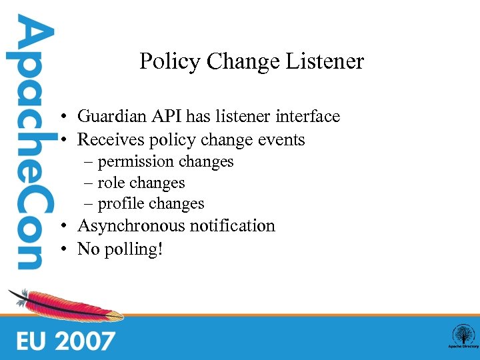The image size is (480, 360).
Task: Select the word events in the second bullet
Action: point(283,140)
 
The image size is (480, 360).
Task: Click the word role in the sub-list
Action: point(111,183)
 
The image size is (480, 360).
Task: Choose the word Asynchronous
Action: point(131,226)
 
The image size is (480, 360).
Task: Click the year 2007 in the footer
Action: point(85,341)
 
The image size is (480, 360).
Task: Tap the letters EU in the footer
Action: point(31,341)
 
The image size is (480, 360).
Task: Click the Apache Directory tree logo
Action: point(462,335)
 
